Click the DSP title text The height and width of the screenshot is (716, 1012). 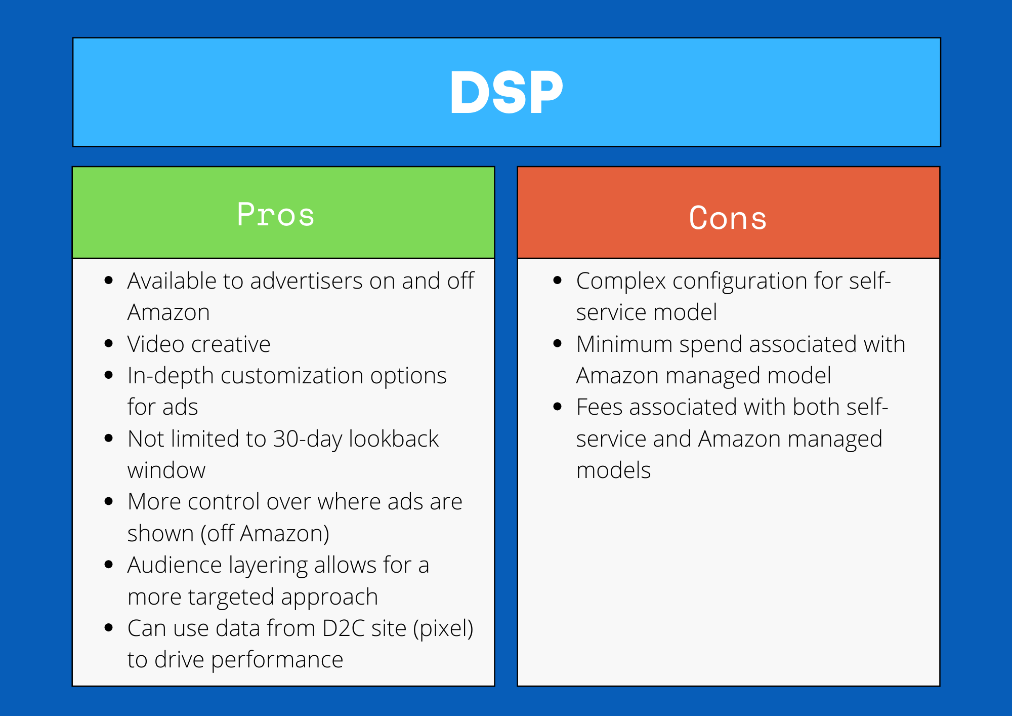507,92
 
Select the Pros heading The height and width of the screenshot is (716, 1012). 276,214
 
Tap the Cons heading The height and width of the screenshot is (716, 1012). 728,218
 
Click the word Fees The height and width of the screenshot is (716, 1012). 599,407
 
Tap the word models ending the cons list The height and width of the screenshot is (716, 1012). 613,470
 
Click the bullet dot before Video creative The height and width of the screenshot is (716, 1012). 108,344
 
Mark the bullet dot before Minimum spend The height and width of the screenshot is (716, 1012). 558,344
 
